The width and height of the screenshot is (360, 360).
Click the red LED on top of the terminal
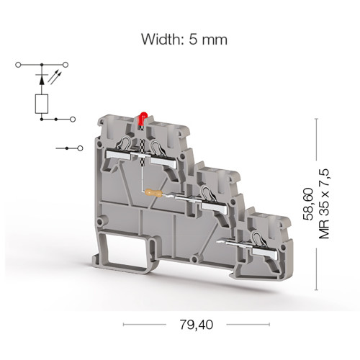pyautogui.click(x=143, y=118)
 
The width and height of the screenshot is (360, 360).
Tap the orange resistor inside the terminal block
pyautogui.click(x=154, y=193)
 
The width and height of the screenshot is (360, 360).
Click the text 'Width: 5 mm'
pyautogui.click(x=184, y=39)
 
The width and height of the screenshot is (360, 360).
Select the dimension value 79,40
pyautogui.click(x=196, y=325)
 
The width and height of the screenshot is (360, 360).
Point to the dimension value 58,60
pyautogui.click(x=308, y=204)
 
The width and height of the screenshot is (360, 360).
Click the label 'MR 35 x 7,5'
pyautogui.click(x=324, y=204)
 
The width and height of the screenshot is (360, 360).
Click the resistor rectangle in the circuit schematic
pyautogui.click(x=42, y=104)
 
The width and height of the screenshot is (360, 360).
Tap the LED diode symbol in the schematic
pyautogui.click(x=42, y=79)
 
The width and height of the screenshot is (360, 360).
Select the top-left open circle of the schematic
pyautogui.click(x=18, y=65)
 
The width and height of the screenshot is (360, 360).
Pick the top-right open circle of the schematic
pyautogui.click(x=66, y=65)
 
